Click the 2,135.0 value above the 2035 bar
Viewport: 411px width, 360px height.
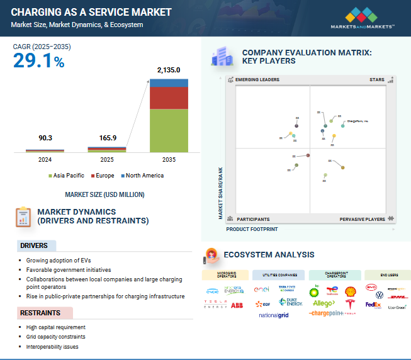(168, 70)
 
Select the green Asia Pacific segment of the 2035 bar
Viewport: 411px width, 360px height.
(168, 130)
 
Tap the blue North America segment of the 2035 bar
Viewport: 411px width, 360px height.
(168, 82)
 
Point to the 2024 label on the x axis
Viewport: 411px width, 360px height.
(45, 160)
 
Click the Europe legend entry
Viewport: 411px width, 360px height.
(103, 175)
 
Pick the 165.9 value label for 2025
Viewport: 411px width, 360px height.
(106, 138)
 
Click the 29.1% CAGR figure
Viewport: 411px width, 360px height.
(38, 61)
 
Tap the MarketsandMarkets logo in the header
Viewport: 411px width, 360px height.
(363, 18)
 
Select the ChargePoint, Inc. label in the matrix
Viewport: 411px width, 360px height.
(358, 120)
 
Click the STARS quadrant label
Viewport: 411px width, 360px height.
(376, 80)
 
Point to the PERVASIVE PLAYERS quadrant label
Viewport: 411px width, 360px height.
(363, 219)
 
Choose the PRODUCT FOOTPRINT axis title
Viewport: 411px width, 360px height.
(252, 230)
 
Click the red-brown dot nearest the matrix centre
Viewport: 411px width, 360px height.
(308, 155)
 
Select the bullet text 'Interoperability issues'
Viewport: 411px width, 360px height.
(53, 347)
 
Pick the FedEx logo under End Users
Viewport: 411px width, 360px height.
(373, 305)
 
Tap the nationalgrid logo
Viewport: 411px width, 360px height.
(273, 315)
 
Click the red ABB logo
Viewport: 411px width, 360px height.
(237, 305)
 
